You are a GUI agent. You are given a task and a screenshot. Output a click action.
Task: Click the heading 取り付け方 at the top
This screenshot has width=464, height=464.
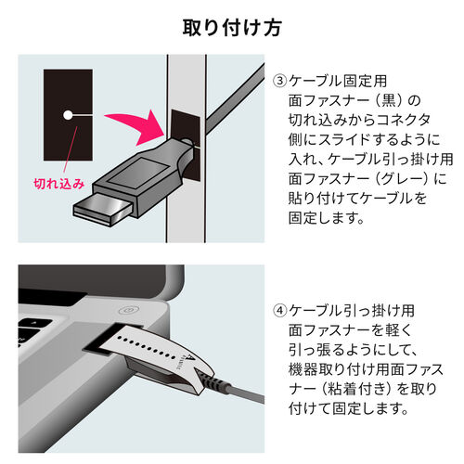[x=231, y=26]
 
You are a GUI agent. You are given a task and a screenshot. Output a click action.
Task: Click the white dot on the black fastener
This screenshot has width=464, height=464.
[x=68, y=115]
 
